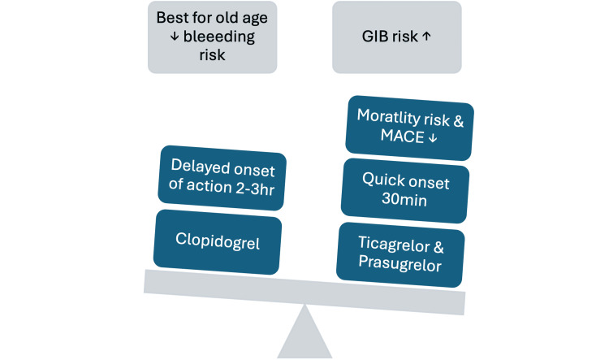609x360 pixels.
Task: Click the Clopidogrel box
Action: (x=218, y=242)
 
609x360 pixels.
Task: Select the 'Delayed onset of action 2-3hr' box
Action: (x=222, y=178)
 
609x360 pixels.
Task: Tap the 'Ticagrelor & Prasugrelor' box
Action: (x=400, y=254)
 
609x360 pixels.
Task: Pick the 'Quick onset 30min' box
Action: (x=405, y=190)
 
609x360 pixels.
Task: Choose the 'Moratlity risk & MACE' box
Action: (x=410, y=128)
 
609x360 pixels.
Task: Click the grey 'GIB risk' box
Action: (x=397, y=37)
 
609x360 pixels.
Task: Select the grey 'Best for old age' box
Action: (x=213, y=37)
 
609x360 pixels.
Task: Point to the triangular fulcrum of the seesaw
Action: (x=304, y=332)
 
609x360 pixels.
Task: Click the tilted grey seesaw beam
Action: (x=304, y=292)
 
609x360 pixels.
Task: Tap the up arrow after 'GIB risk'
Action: (x=426, y=36)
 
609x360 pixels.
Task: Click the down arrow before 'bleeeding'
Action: (x=175, y=36)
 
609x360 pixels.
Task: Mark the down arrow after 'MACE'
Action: (x=433, y=138)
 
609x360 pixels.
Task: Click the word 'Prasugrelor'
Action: (x=400, y=263)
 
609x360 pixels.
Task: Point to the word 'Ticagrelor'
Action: (x=394, y=244)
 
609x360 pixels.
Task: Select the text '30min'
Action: (x=404, y=199)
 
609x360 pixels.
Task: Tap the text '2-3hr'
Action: (x=255, y=189)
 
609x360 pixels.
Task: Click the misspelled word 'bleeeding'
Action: (x=219, y=37)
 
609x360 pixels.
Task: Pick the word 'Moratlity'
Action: (x=388, y=117)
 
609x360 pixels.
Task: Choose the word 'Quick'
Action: (x=384, y=180)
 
